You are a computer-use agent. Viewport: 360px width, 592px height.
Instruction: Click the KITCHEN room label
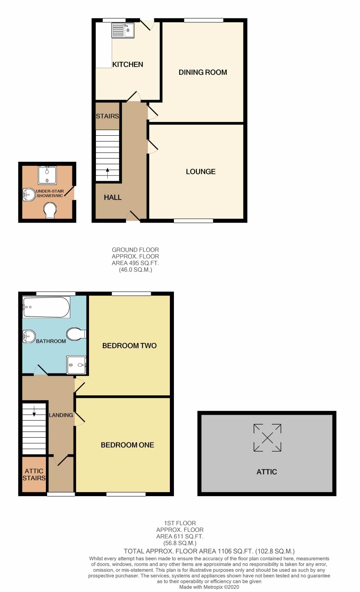128,64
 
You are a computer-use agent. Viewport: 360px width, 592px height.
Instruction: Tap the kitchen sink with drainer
123,30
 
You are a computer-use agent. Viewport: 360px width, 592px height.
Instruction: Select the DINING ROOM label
203,72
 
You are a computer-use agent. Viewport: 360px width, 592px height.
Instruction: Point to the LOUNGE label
201,171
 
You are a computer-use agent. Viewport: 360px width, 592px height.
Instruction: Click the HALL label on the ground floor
113,197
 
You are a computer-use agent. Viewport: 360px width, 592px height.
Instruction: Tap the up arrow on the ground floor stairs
107,173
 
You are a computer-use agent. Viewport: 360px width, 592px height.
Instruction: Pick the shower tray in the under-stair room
47,175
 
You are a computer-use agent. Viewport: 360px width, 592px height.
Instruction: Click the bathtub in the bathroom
46,307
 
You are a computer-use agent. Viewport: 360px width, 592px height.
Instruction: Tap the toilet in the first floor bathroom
76,334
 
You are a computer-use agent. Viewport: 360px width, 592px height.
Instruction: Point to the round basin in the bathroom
29,336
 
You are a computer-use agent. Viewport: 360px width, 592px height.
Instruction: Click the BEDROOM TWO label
130,345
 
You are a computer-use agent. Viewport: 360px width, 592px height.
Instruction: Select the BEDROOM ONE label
128,445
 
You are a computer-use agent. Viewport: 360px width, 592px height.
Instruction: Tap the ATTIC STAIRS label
34,475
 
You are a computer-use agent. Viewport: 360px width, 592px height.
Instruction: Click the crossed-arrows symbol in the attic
267,438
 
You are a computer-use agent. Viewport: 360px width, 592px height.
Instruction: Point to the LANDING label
61,415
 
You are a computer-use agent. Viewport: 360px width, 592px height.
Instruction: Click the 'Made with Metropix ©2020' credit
209,587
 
